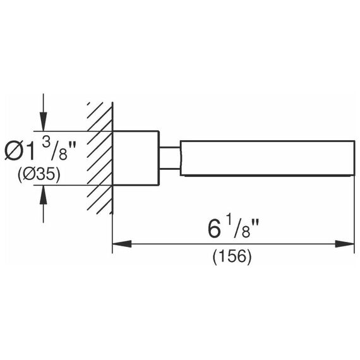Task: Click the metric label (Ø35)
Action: pyautogui.click(x=39, y=174)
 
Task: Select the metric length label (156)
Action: pyautogui.click(x=232, y=257)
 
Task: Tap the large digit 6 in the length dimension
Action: pyautogui.click(x=214, y=229)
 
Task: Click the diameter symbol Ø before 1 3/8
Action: pyautogui.click(x=13, y=152)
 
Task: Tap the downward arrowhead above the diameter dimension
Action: pyautogui.click(x=43, y=121)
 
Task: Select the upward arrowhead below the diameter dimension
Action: pyautogui.click(x=43, y=195)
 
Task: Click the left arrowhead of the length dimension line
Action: pyautogui.click(x=122, y=244)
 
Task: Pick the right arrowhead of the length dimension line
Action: pyautogui.click(x=344, y=244)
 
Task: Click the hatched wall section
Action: pyautogui.click(x=100, y=158)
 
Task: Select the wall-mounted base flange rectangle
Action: pyautogui.click(x=136, y=158)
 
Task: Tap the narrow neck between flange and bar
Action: pyautogui.click(x=170, y=158)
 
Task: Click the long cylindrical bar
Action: pyautogui.click(x=268, y=158)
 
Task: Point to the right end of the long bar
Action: pyautogui.click(x=354, y=158)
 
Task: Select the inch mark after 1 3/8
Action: pyautogui.click(x=73, y=147)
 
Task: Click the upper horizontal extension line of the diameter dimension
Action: pyautogui.click(x=73, y=131)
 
